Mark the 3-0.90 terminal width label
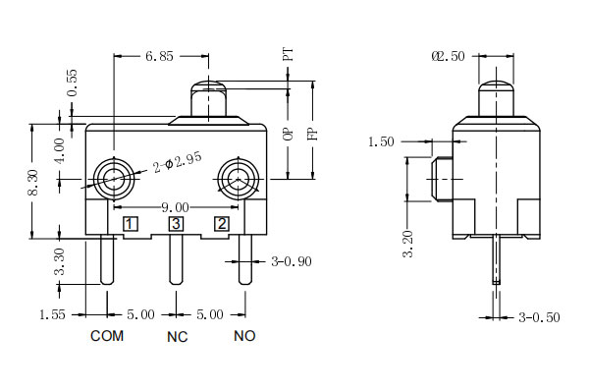[292, 261]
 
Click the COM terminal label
[107, 336]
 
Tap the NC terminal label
[176, 336]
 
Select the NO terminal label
[244, 336]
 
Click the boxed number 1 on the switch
[130, 224]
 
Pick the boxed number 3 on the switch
[176, 224]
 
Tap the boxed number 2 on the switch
[222, 224]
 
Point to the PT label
[288, 53]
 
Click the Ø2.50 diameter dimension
[448, 57]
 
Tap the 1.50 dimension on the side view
[381, 141]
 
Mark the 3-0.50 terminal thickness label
[541, 317]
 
